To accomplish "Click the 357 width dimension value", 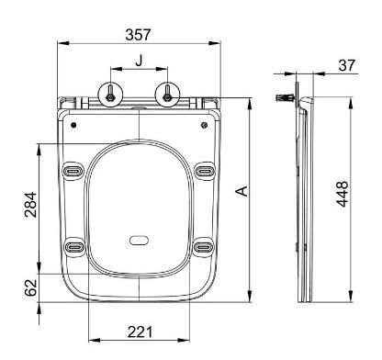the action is coord(138,35).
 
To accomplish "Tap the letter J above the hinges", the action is coord(140,61).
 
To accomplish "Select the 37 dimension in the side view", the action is coord(347,65).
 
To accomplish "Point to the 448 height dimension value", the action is coord(343,194).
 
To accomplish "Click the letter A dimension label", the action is coord(242,191).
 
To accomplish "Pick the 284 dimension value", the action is coord(30,205).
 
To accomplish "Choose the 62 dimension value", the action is coord(30,287).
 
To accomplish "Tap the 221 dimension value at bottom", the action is coord(140,332).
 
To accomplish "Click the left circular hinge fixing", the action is coord(110,95).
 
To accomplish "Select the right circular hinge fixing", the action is coord(167,95).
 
